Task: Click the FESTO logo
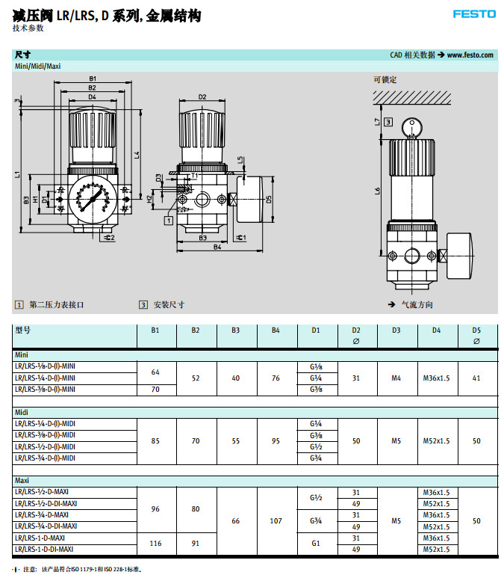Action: click(473, 13)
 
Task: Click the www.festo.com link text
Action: click(470, 55)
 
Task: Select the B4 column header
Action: click(276, 330)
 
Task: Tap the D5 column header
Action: click(476, 330)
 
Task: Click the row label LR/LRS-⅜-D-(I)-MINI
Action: click(45, 390)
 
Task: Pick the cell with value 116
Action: click(155, 544)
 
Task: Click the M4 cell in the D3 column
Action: click(396, 378)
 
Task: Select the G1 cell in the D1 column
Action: click(315, 544)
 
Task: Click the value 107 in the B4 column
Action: click(276, 520)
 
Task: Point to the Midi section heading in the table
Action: click(22, 412)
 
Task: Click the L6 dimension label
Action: click(378, 190)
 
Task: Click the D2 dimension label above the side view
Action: click(202, 96)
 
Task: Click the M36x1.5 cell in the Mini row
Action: click(436, 378)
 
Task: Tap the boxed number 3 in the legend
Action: click(143, 304)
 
